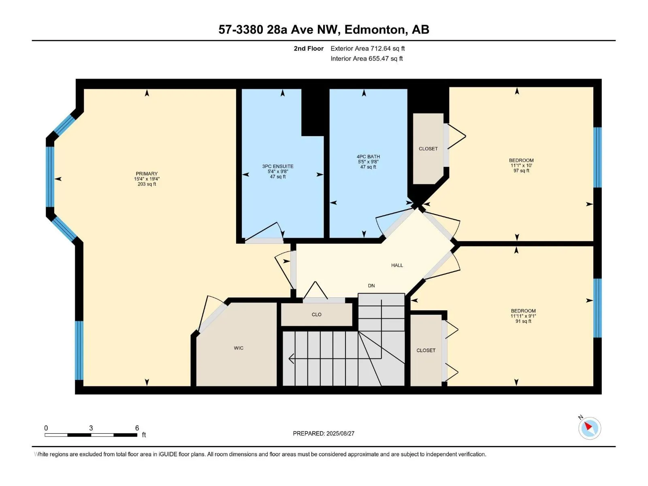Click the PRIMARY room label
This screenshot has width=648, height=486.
click(147, 173)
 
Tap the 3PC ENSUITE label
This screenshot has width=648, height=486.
click(278, 166)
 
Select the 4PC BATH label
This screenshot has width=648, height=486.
click(368, 156)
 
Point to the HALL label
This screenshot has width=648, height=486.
click(397, 265)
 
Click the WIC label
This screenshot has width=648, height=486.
click(239, 348)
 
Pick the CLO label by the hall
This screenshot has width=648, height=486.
click(316, 315)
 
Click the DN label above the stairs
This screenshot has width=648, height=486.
click(371, 286)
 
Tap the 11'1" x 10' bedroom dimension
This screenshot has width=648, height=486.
click(521, 166)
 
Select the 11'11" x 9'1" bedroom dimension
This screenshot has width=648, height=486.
click(523, 316)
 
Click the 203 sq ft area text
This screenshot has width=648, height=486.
click(147, 184)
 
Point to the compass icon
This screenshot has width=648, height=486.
click(590, 428)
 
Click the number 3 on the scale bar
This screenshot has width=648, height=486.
click(91, 428)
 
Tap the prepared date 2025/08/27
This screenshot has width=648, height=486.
click(340, 433)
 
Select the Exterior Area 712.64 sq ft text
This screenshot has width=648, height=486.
click(368, 48)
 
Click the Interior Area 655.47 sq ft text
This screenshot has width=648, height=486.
click(367, 58)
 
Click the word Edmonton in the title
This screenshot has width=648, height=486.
click(375, 30)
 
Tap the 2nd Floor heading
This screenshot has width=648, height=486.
click(309, 48)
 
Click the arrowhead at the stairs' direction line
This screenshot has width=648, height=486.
click(291, 359)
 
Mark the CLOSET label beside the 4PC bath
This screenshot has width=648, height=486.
click(428, 149)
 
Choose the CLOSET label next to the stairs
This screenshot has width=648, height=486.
click(426, 350)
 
